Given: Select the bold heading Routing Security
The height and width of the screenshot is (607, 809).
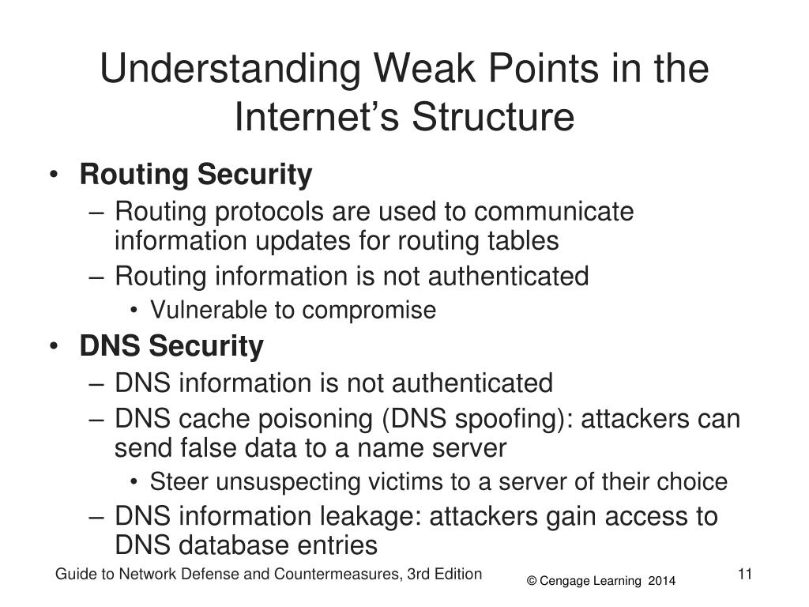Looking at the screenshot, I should [x=196, y=175].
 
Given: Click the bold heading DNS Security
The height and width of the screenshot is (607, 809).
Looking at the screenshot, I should [x=171, y=345].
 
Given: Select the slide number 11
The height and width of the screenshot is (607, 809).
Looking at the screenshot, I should [x=743, y=574].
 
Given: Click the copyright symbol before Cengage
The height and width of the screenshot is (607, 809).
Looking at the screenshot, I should [x=532, y=582].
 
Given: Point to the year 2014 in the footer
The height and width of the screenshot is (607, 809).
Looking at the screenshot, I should [x=662, y=582].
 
